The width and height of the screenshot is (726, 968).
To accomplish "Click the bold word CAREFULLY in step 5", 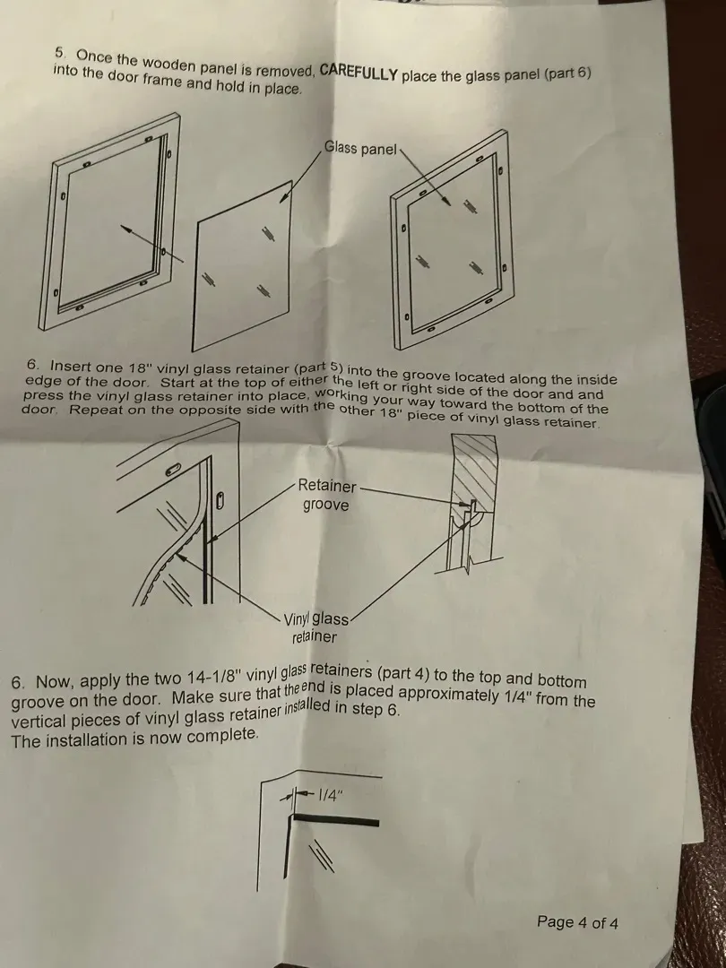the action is point(359,72).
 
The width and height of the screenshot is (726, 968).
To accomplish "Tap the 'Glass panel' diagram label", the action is point(360,148).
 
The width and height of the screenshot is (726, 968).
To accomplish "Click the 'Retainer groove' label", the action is point(326,495).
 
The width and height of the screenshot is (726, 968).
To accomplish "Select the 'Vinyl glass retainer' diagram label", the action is point(316,627).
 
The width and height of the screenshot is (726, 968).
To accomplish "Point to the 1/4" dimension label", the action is point(329,796).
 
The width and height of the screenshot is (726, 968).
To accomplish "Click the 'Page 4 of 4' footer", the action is point(577,922).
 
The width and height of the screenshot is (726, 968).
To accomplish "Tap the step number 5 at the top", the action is point(60,53).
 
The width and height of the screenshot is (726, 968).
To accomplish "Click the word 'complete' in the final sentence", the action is point(222,736).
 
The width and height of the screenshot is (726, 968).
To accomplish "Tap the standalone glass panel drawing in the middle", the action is point(242,266).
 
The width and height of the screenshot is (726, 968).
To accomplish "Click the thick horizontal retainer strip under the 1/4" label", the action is point(335,820).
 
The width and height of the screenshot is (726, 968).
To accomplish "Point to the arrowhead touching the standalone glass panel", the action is point(284,197).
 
